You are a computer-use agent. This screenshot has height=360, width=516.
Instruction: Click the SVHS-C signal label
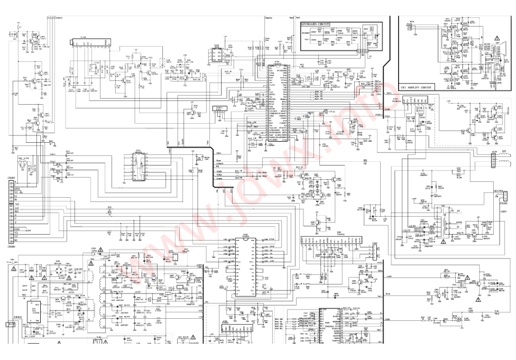coord(56,18)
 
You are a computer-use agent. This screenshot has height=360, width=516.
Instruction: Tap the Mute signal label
coord(292,17)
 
